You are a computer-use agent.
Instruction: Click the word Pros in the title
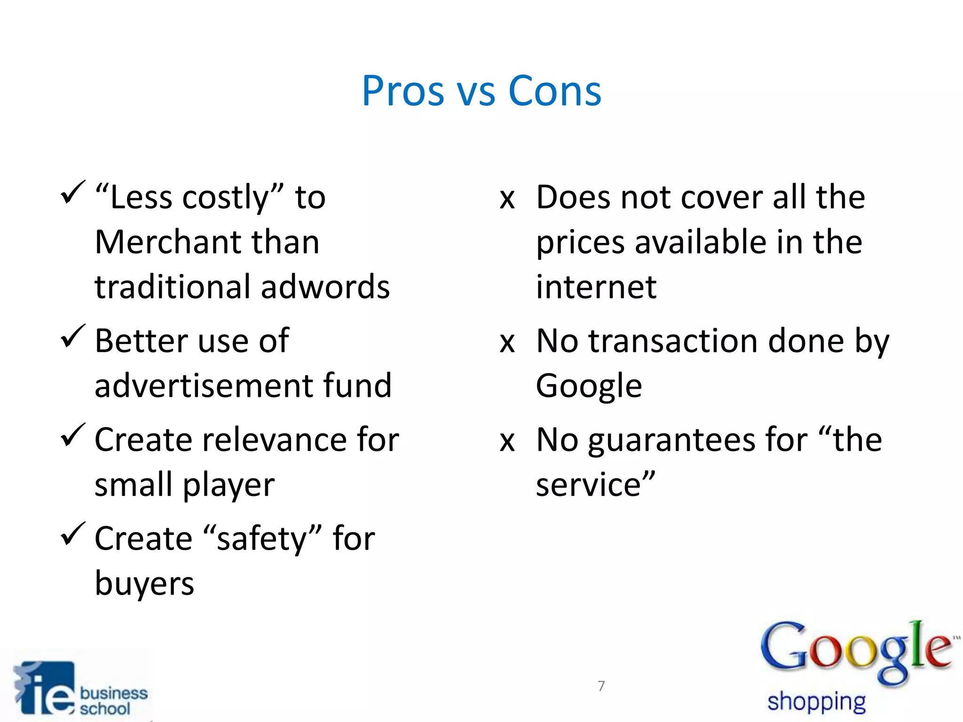tap(403, 91)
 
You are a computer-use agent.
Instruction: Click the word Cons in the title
tap(555, 91)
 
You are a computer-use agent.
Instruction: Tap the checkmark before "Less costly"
tap(73, 193)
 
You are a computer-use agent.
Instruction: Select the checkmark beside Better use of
tap(73, 337)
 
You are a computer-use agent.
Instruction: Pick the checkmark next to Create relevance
tap(73, 435)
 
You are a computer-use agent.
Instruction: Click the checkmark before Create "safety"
tap(73, 534)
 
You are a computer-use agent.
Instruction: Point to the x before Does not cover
tap(507, 199)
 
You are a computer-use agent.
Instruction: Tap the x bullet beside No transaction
tap(507, 343)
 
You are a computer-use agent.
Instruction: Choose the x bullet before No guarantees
tap(507, 442)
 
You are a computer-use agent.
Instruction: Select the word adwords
tap(325, 287)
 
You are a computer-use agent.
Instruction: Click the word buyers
tap(144, 584)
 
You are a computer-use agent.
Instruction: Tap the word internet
tap(596, 287)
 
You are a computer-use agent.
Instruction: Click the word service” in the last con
tap(595, 485)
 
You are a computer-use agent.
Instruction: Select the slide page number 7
tap(601, 686)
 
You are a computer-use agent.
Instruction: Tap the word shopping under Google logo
tap(816, 702)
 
